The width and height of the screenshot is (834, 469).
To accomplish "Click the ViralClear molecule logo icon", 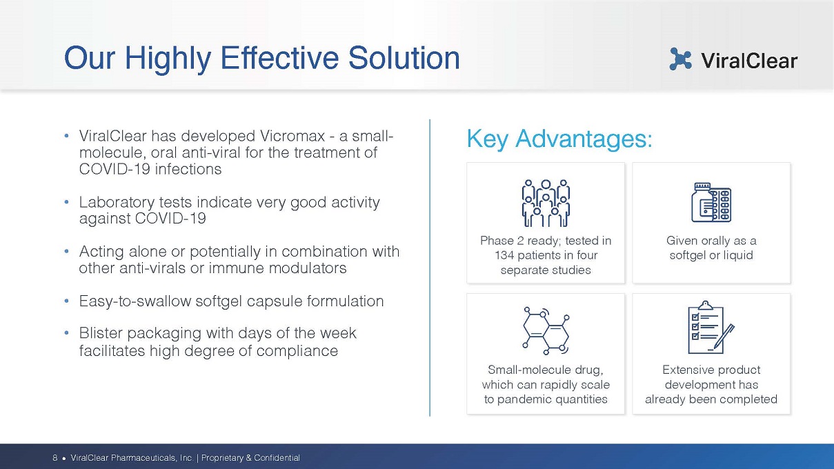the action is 680,59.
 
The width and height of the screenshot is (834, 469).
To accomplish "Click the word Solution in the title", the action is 404,58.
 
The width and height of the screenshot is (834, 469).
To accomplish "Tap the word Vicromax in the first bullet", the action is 292,136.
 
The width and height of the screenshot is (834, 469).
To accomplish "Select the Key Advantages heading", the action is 559,139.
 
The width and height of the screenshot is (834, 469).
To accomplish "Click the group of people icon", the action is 546,203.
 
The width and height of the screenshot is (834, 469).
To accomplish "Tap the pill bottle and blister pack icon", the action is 711,203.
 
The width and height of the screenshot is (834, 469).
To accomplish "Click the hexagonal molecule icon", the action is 546,330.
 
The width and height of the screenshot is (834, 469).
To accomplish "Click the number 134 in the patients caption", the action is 504,255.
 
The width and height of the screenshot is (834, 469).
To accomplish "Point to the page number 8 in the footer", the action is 55,457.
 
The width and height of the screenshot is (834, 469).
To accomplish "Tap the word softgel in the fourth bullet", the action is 219,301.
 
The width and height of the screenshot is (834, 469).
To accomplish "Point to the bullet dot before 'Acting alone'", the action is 66,251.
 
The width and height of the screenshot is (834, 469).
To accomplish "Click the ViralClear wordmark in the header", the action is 749,60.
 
